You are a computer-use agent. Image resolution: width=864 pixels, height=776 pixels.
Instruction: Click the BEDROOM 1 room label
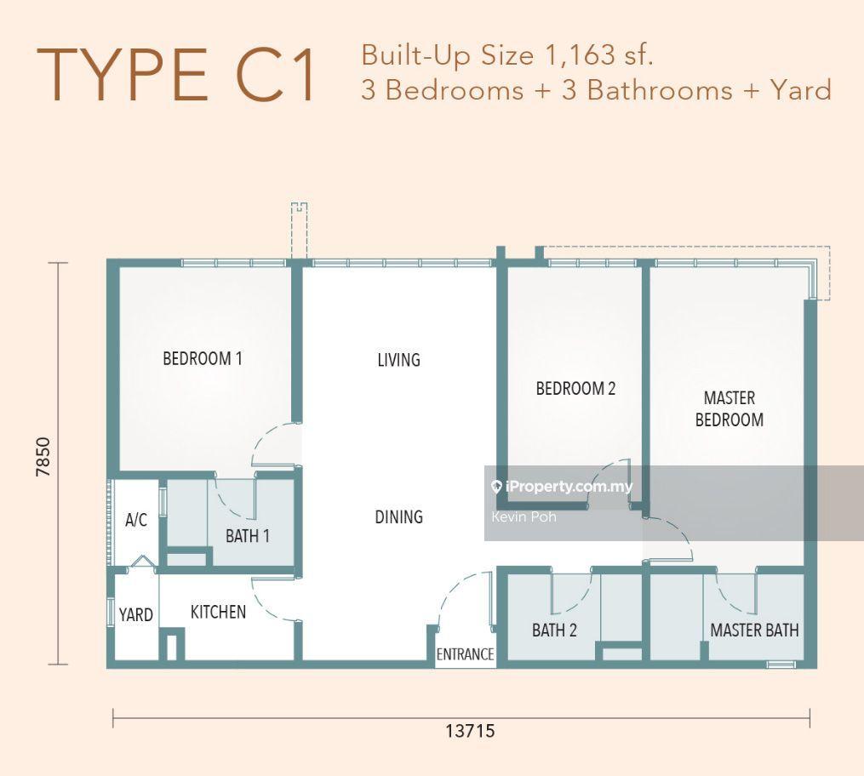[203, 358]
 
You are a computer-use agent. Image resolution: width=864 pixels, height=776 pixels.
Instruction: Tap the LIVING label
[399, 360]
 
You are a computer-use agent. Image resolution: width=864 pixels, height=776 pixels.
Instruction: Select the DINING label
[399, 516]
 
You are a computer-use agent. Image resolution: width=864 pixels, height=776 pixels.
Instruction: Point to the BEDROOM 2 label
[575, 388]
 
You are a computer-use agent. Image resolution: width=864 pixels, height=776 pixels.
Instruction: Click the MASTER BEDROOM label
[729, 408]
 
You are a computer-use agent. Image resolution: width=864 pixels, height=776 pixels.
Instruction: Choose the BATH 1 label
[248, 535]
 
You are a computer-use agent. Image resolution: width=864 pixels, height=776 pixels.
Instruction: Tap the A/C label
[136, 519]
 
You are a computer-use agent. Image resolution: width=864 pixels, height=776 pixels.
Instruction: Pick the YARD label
[135, 614]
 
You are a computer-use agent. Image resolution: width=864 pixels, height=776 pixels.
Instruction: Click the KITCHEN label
[218, 611]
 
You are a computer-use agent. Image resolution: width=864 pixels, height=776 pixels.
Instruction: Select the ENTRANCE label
[465, 654]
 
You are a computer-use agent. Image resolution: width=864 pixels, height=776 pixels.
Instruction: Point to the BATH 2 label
[554, 630]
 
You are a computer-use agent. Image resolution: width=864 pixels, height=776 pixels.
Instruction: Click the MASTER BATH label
[754, 630]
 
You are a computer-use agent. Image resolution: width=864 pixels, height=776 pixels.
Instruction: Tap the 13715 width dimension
[470, 731]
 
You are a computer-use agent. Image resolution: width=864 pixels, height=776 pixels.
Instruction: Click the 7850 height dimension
[43, 457]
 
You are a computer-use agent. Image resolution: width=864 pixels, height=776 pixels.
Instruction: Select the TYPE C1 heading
[177, 76]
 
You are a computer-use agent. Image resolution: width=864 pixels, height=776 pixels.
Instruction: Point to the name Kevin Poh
[524, 516]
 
